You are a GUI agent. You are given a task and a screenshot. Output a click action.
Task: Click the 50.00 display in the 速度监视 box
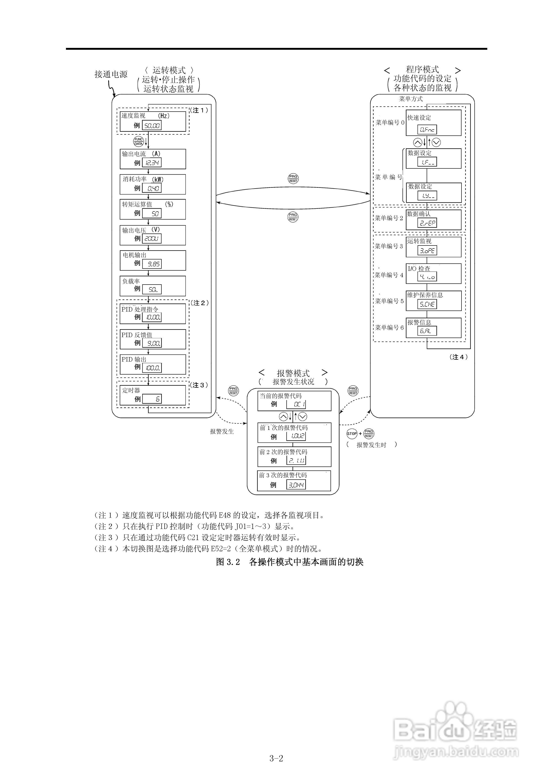(x=152, y=126)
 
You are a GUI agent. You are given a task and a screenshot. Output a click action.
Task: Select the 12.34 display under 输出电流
(x=152, y=163)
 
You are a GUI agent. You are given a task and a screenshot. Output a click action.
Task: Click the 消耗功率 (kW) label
(x=143, y=179)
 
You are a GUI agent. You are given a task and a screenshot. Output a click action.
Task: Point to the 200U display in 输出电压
(x=152, y=239)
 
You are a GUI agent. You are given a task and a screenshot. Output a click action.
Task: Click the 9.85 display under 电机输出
(x=152, y=264)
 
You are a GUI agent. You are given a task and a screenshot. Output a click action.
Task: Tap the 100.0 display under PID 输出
(x=152, y=368)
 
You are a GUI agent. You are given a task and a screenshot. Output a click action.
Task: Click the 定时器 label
(x=131, y=390)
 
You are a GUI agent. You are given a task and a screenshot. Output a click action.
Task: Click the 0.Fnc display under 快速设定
(x=427, y=129)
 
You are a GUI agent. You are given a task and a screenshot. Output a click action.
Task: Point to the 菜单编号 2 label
(x=389, y=218)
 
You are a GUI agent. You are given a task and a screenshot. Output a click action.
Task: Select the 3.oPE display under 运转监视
(x=427, y=251)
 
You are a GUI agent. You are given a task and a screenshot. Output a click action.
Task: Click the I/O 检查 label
(x=419, y=268)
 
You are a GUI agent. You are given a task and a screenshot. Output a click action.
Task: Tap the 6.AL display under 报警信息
(x=427, y=331)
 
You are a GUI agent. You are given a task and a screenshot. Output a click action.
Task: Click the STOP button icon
(x=352, y=434)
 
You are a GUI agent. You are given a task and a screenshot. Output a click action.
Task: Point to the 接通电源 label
(x=111, y=74)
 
